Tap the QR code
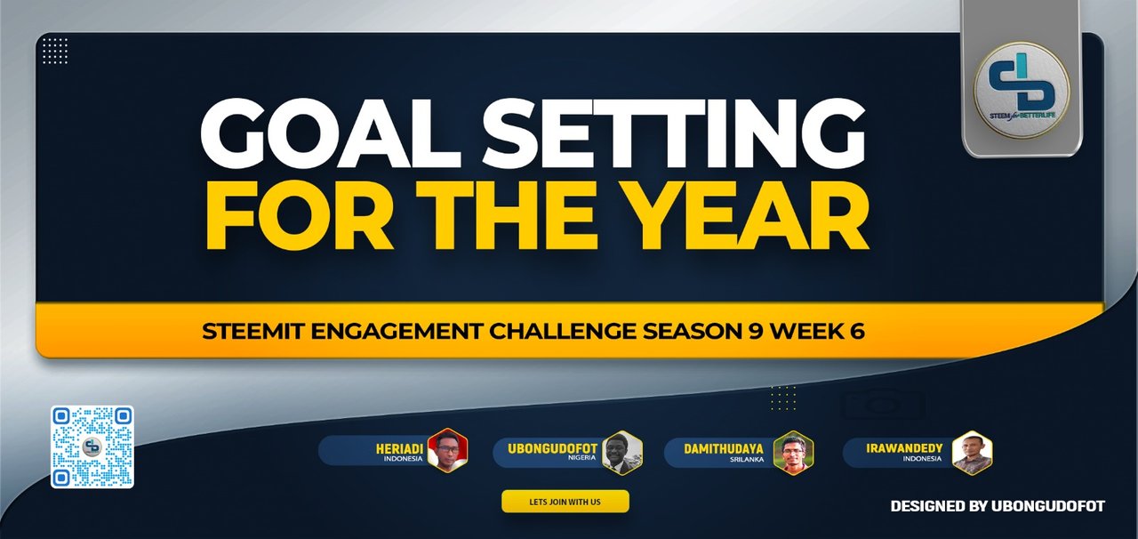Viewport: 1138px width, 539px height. pyautogui.click(x=92, y=446)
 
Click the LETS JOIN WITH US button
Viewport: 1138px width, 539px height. pyautogui.click(x=565, y=502)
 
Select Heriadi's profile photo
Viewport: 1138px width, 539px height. pyautogui.click(x=447, y=451)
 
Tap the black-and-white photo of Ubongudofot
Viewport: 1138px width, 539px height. pyautogui.click(x=622, y=452)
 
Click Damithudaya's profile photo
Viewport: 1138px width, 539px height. pyautogui.click(x=793, y=452)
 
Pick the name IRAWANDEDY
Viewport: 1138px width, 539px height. pyautogui.click(x=903, y=449)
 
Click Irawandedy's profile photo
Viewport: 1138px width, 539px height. pyautogui.click(x=972, y=452)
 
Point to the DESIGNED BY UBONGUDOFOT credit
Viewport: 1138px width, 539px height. pyautogui.click(x=998, y=506)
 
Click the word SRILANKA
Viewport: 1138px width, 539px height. pyautogui.click(x=748, y=460)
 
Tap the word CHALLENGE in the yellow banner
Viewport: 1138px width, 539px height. pyautogui.click(x=541, y=331)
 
